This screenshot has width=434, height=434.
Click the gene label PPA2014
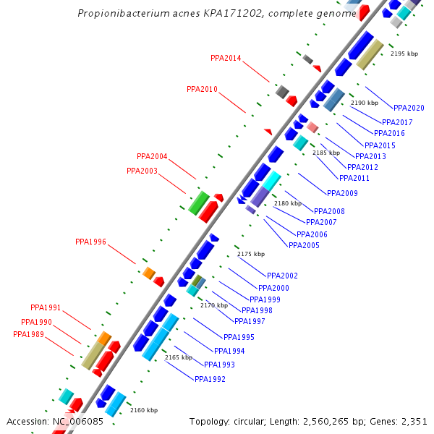(x=226, y=58)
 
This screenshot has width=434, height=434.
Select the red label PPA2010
(x=202, y=90)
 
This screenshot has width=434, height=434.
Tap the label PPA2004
(x=152, y=156)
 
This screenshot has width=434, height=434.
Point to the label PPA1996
(x=90, y=242)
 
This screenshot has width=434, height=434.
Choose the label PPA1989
(x=28, y=334)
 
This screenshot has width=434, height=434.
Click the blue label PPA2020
(x=409, y=108)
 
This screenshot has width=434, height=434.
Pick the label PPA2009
(x=342, y=193)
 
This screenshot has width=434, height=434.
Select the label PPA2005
(x=304, y=245)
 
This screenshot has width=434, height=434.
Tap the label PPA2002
(x=282, y=276)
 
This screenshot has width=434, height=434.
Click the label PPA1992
(x=210, y=379)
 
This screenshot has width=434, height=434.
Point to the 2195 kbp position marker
(x=404, y=54)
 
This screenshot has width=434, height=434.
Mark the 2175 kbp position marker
(x=251, y=254)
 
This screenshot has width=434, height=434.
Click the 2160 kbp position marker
(x=144, y=410)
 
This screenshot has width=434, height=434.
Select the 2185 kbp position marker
(x=325, y=153)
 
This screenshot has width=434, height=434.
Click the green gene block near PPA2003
(x=198, y=203)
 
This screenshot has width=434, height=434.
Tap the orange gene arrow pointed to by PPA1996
(x=149, y=273)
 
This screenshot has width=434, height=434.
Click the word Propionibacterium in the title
(x=119, y=14)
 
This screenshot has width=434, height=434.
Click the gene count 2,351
(x=414, y=421)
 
